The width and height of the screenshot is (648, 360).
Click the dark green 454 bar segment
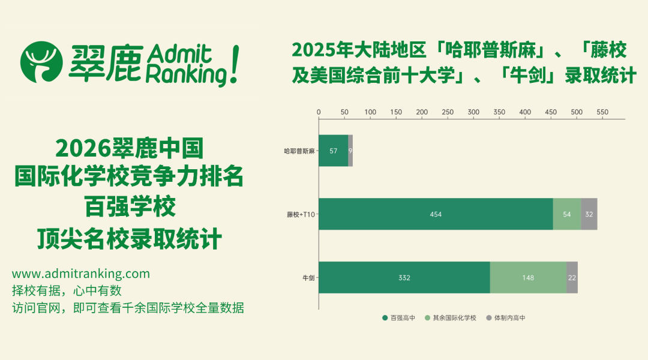(436, 214)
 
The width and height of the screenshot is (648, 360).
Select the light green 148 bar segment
(528, 278)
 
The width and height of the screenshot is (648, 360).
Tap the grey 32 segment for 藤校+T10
(589, 214)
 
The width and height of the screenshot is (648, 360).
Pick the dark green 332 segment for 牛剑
(404, 278)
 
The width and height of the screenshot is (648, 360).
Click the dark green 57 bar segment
(333, 151)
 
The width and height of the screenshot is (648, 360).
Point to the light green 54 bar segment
(567, 214)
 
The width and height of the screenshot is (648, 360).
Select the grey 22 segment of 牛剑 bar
(572, 278)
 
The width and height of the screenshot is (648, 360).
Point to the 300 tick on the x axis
(473, 112)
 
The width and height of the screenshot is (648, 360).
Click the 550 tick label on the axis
(602, 112)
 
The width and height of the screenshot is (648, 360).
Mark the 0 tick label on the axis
(319, 112)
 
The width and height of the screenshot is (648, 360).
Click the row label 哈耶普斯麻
(299, 151)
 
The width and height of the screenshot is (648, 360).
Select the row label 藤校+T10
(301, 214)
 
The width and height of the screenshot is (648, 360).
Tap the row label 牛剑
(308, 278)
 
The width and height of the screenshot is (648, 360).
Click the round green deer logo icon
(41, 62)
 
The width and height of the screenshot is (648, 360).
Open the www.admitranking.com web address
(81, 274)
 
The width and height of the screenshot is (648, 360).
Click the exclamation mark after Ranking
(233, 65)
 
